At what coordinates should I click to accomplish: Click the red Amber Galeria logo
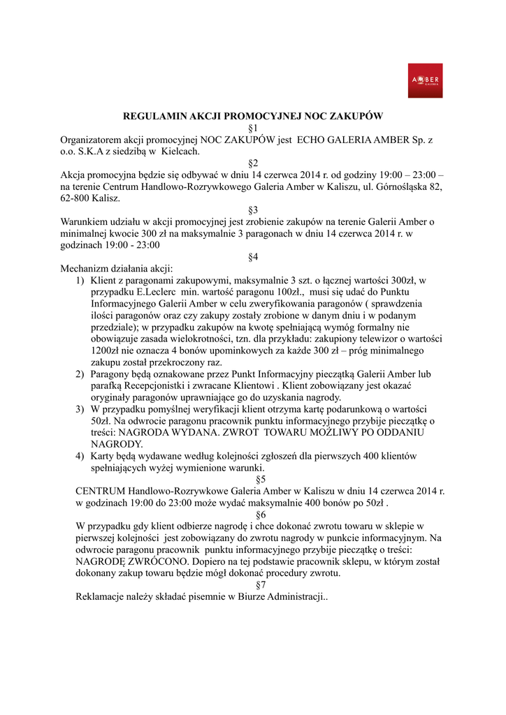(425, 80)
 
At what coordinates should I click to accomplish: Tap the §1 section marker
(253, 128)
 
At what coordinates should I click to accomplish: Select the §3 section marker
(253, 209)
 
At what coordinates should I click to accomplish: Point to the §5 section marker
(261, 479)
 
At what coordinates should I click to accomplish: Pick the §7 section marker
(261, 585)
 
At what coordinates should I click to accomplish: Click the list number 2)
(80, 374)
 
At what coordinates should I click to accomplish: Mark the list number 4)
(80, 455)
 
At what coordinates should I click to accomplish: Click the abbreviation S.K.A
(89, 151)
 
